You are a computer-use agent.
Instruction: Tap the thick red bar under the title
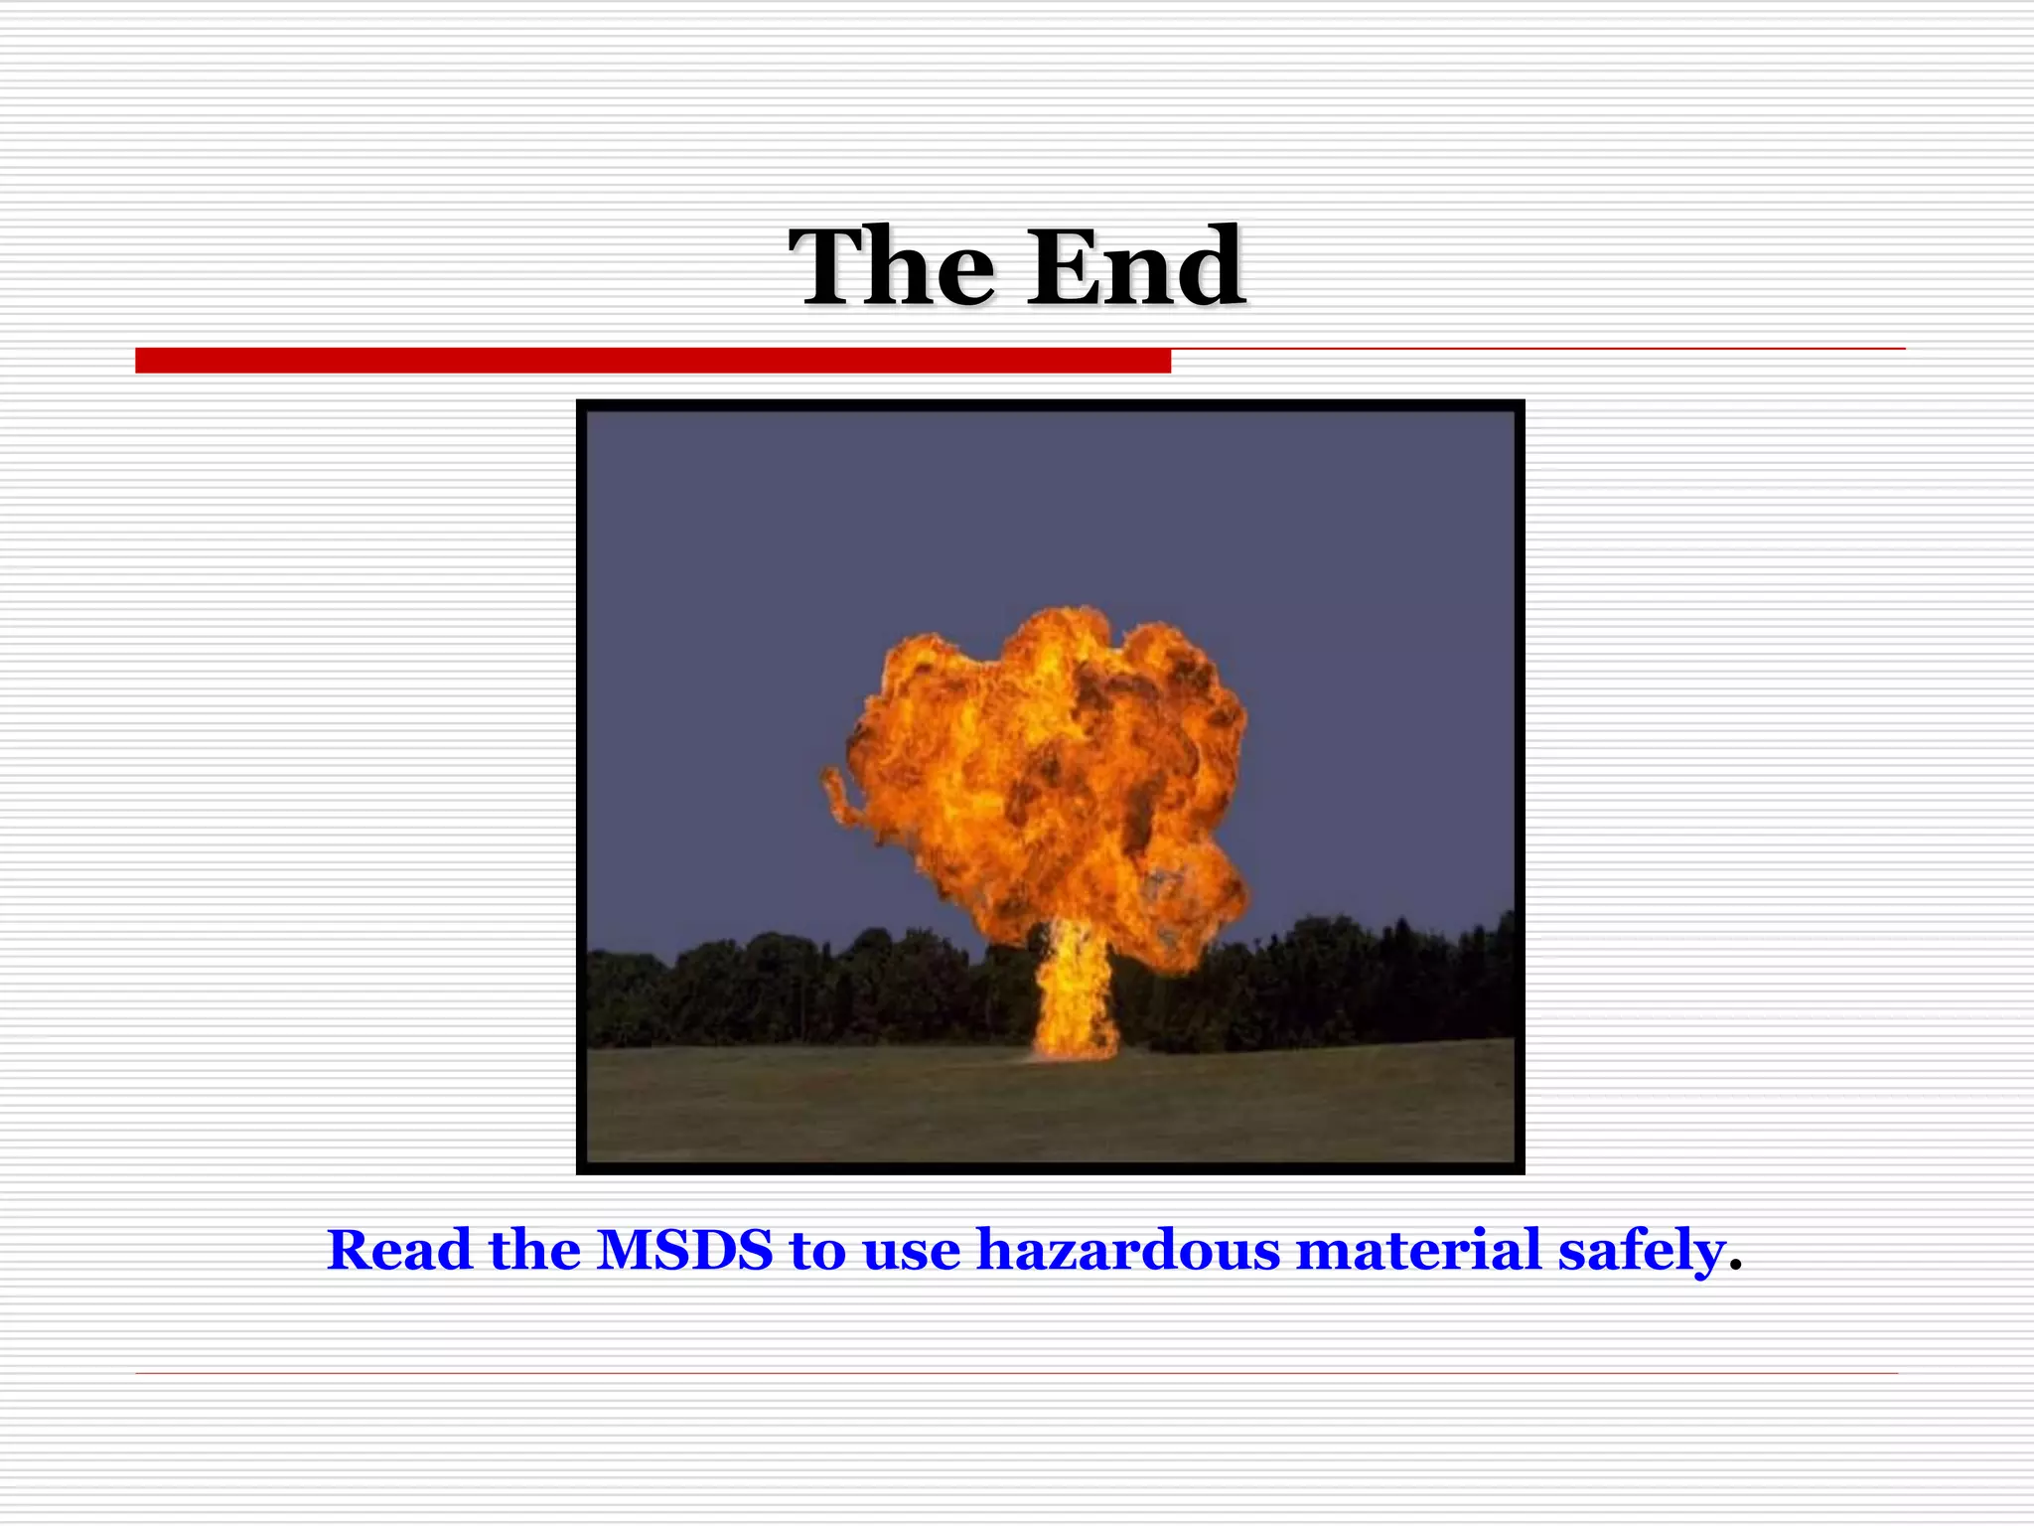[x=653, y=361]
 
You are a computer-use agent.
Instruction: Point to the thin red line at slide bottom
[x=1016, y=1373]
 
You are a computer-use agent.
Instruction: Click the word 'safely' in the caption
[x=1641, y=1252]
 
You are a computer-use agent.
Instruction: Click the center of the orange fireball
[x=1043, y=775]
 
